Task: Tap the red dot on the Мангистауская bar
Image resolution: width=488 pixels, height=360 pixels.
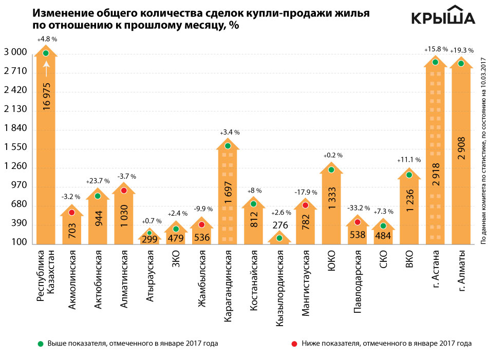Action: click(305, 205)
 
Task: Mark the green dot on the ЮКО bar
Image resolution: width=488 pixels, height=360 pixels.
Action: click(331, 170)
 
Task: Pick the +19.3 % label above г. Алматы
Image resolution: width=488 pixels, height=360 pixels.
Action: click(462, 50)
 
